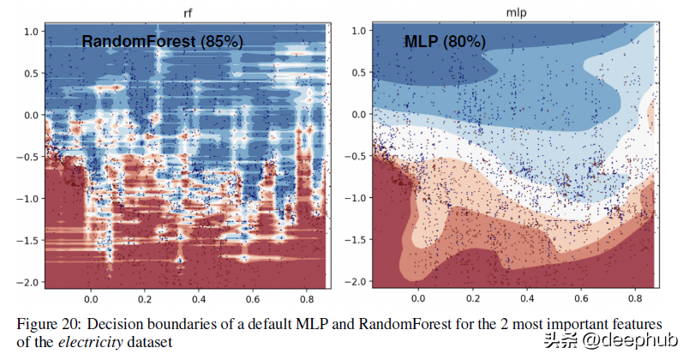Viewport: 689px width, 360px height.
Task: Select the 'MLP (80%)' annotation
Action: point(444,41)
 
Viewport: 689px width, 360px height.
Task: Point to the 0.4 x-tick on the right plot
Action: point(526,300)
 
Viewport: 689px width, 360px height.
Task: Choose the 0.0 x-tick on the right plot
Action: point(418,300)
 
